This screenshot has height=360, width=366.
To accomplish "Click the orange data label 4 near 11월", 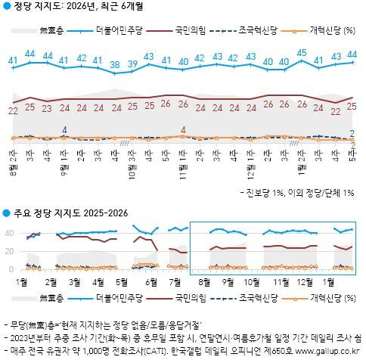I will pos(183,129).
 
